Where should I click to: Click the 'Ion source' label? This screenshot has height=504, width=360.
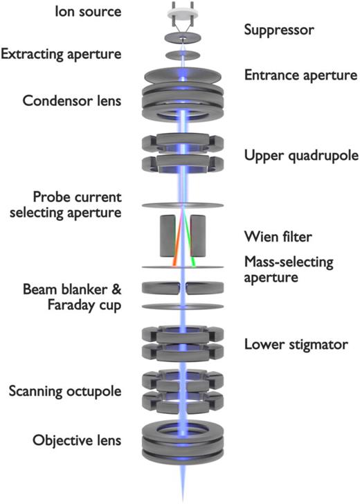pos(63,13)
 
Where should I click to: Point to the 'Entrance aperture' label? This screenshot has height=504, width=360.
pos(300,74)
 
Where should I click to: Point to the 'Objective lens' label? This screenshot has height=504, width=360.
pos(62,440)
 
